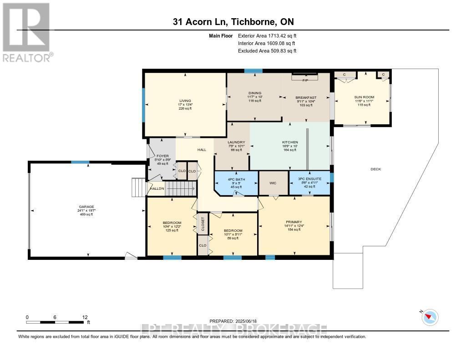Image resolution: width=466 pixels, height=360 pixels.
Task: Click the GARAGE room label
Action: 86,207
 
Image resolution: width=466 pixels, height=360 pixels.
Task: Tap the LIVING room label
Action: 185,101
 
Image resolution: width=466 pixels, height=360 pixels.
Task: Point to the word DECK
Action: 375,169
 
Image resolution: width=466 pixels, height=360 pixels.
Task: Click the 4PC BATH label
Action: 237,180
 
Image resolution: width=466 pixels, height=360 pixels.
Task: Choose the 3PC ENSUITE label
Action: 309,179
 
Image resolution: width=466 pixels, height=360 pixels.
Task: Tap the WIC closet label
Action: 274,183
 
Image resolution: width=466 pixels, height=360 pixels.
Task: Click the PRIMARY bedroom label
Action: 294,222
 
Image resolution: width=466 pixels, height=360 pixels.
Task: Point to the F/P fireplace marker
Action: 305,80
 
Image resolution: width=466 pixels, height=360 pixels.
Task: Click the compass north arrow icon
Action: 429,317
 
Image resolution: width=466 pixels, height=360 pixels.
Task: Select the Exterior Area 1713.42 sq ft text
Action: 267,35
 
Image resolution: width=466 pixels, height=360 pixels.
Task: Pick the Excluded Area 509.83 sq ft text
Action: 267,51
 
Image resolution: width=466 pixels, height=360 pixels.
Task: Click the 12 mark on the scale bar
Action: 85,317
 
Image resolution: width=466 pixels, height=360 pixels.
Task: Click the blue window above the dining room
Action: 253,71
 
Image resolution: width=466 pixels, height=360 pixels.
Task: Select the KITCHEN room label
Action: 289,142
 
